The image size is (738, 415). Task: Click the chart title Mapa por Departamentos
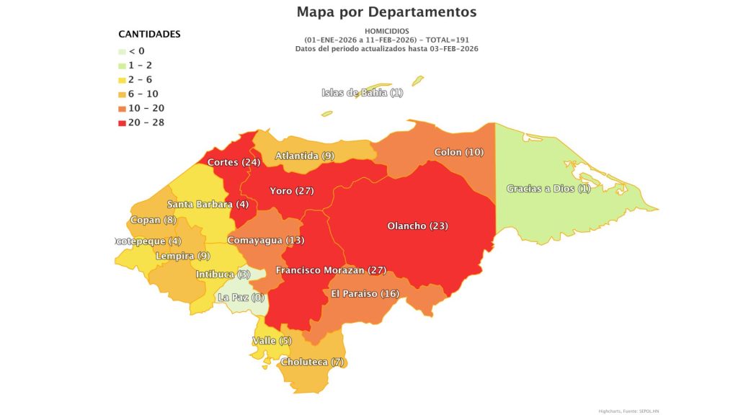tap(386, 12)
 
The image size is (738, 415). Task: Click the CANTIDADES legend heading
tap(149, 34)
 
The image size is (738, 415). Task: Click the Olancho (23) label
tap(417, 226)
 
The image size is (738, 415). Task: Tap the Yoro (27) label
tap(291, 191)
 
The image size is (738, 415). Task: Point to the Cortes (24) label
tap(234, 162)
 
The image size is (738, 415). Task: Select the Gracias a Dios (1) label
tap(548, 188)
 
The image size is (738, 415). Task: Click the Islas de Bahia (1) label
tap(362, 92)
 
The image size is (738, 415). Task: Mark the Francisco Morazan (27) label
tap(331, 270)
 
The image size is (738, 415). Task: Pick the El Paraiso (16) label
tap(365, 293)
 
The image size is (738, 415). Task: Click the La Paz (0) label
tap(241, 297)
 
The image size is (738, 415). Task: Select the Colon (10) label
tap(458, 152)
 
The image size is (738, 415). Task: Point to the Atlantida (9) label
tap(304, 156)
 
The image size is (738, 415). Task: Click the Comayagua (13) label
tap(265, 239)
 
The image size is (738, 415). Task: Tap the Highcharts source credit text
tap(628, 411)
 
